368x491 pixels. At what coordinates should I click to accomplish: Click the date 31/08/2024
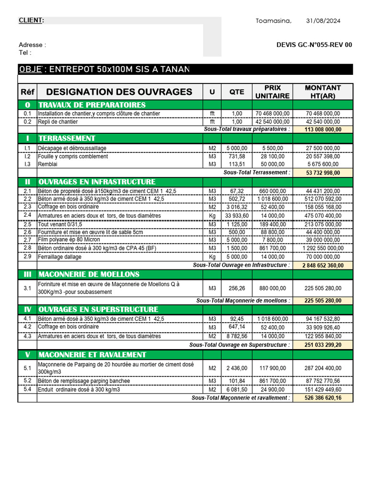(323, 21)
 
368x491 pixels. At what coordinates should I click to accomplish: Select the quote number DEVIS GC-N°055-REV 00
(314, 45)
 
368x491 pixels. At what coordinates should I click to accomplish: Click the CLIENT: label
(31, 20)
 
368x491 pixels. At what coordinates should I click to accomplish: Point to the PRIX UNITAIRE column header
(272, 92)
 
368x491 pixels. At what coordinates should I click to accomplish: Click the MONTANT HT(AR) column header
(322, 92)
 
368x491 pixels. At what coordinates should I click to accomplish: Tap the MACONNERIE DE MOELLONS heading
(89, 274)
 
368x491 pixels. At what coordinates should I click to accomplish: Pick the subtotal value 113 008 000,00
(322, 129)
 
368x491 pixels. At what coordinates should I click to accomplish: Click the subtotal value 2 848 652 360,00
(322, 265)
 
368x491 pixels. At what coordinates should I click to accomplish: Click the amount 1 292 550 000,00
(322, 248)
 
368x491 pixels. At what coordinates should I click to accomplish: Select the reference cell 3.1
(27, 288)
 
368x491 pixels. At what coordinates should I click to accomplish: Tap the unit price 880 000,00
(272, 288)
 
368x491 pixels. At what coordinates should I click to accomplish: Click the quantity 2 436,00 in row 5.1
(237, 368)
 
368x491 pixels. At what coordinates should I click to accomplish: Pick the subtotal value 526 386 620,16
(322, 398)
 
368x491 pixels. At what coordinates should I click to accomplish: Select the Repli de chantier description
(57, 122)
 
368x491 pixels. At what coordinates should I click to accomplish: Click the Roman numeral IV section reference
(27, 310)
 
